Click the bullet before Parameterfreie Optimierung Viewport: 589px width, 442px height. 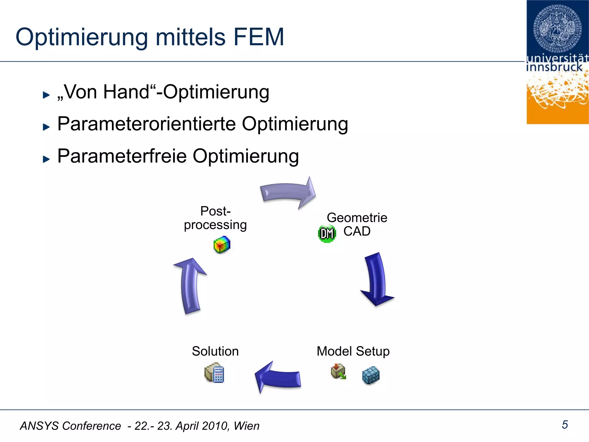pos(46,159)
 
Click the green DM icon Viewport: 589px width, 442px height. pos(327,233)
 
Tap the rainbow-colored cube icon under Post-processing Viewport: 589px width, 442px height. pos(222,245)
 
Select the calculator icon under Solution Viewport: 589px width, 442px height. pos(215,374)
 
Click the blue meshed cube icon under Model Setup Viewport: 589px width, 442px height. pos(371,375)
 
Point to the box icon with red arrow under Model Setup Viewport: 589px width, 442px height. pos(338,371)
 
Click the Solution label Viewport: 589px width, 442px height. pos(215,351)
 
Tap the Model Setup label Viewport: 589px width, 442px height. pos(353,351)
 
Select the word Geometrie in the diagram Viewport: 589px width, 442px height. pos(357,218)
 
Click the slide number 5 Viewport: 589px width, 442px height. pos(565,425)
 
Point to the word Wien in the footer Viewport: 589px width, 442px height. pos(246,426)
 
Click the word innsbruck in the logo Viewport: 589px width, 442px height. pos(554,67)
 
